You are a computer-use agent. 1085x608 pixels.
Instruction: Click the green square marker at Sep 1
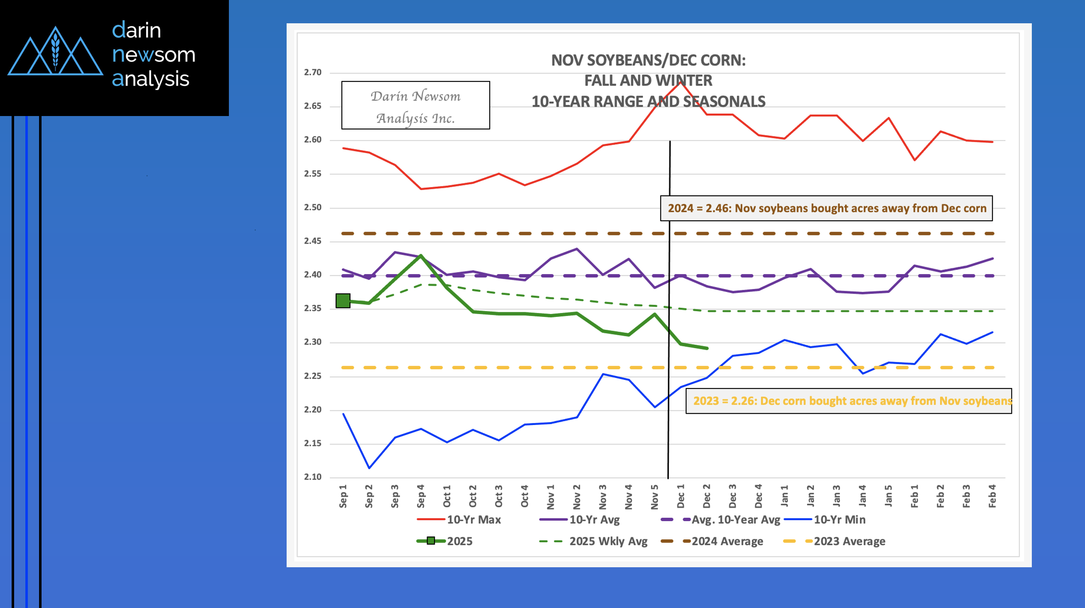tap(343, 301)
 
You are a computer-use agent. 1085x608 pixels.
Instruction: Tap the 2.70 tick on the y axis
tap(312, 72)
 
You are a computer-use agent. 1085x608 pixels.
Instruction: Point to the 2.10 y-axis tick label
tap(312, 477)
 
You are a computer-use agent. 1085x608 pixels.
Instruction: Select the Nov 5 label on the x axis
tap(655, 497)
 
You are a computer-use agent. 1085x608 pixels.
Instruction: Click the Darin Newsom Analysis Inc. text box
tap(415, 105)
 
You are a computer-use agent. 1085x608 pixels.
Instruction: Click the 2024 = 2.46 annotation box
tap(826, 208)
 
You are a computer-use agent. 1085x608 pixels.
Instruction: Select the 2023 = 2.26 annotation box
tap(849, 400)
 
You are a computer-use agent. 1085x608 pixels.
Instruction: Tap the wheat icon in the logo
tap(55, 51)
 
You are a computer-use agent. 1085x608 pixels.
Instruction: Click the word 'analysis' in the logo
tap(150, 79)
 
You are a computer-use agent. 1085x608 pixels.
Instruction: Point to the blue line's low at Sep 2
tap(369, 468)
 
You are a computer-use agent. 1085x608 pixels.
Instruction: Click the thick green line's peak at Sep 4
tap(421, 255)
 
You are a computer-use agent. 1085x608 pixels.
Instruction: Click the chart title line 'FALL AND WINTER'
tap(648, 81)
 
